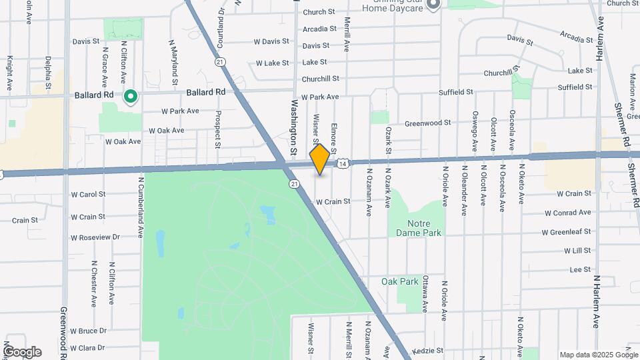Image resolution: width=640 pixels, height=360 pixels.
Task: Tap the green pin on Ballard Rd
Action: pos(131,97)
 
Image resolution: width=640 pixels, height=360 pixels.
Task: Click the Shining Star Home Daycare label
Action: pos(393,6)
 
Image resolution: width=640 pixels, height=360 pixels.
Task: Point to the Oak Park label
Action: pos(399,281)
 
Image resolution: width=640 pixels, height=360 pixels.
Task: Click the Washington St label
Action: pos(294,126)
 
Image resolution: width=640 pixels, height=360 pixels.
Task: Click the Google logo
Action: pos(22,352)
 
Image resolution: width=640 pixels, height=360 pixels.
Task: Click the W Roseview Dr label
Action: pos(95,237)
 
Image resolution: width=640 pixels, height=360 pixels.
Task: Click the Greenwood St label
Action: pos(429,123)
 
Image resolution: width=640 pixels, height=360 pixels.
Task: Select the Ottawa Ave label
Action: pos(425,293)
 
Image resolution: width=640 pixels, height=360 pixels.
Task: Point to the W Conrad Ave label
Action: pos(567,213)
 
